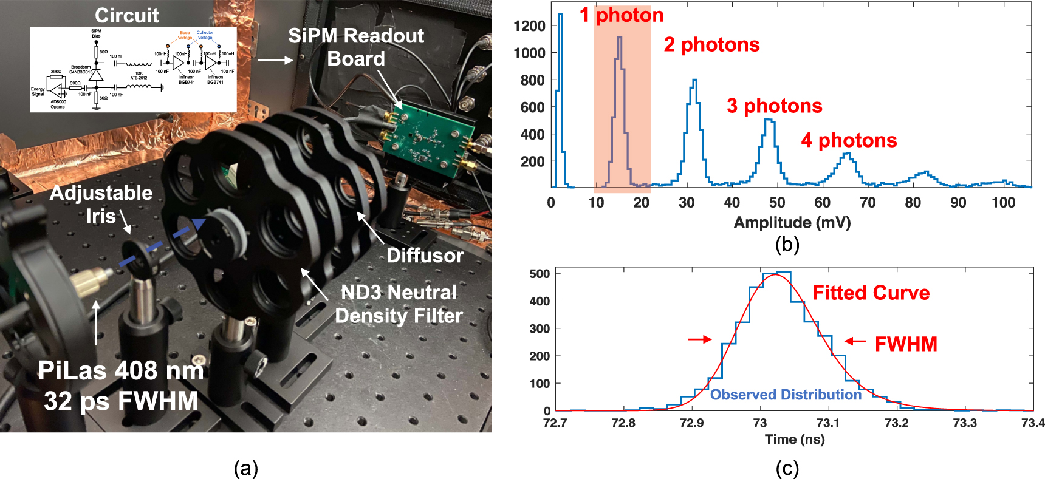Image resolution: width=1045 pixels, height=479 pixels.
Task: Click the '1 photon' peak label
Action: click(x=621, y=15)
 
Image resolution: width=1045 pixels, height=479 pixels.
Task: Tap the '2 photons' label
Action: click(x=711, y=44)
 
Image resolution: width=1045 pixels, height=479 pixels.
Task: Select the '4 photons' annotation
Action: click(x=849, y=140)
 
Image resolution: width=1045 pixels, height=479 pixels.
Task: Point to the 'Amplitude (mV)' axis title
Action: click(x=792, y=222)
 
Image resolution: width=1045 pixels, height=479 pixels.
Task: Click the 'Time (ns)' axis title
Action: click(x=795, y=439)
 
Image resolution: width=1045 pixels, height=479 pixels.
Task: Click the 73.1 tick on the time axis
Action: click(x=827, y=423)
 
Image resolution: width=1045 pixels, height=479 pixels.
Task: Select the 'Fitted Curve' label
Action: click(x=871, y=293)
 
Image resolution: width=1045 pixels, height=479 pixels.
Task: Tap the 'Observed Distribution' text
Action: click(x=786, y=395)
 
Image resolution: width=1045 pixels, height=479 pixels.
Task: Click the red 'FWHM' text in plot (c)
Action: click(x=905, y=344)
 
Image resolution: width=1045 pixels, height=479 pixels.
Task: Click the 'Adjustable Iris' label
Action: click(x=101, y=204)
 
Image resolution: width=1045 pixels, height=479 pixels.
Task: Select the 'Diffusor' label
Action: click(x=425, y=256)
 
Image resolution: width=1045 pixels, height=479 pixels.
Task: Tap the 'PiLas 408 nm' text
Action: click(x=121, y=370)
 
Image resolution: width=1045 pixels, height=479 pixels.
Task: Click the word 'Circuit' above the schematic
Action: click(x=126, y=15)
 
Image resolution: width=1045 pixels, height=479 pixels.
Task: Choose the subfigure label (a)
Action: click(x=246, y=468)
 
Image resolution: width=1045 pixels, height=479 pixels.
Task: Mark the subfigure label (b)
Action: click(x=787, y=244)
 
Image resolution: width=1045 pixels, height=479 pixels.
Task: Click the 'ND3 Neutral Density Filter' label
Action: click(x=399, y=304)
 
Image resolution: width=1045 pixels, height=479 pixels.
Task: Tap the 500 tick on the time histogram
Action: click(x=540, y=274)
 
